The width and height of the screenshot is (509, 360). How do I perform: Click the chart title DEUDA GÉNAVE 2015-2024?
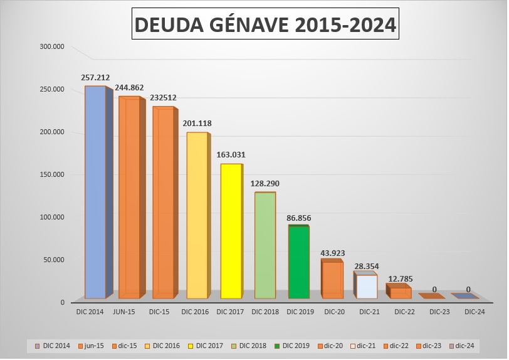tap(265, 24)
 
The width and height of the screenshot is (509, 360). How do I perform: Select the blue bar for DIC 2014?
tap(95, 191)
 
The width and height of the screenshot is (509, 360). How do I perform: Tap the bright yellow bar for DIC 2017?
tap(231, 231)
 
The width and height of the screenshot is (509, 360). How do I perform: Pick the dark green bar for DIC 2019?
tap(298, 262)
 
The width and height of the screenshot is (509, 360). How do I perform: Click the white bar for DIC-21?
tap(367, 286)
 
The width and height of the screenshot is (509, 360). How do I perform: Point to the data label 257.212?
tap(95, 78)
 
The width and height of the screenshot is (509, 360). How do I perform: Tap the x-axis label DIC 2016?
tap(197, 311)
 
